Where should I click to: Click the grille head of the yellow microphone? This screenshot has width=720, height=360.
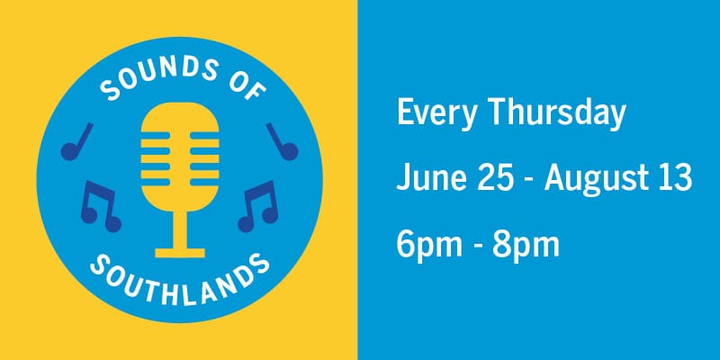pos(181,144)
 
